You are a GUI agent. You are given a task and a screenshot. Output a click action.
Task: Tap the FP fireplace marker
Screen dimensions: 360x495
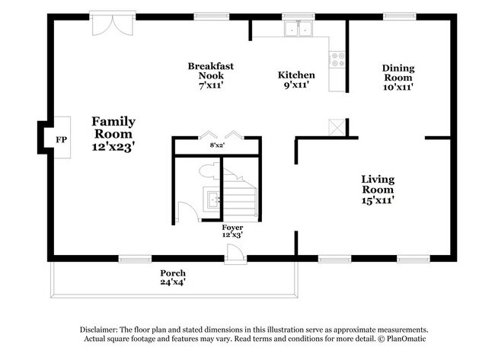click(x=61, y=139)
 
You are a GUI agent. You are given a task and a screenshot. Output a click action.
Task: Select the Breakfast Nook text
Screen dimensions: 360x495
click(x=211, y=76)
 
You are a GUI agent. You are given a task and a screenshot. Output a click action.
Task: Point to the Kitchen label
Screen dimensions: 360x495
click(x=296, y=80)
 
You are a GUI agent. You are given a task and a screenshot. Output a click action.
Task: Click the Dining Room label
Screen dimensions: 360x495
click(x=398, y=78)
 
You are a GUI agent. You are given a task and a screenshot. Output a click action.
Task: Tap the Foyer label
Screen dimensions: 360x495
click(x=232, y=231)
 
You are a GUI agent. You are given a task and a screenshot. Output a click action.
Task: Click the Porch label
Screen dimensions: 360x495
click(x=173, y=277)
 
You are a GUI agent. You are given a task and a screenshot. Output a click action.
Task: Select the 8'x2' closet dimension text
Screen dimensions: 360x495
click(x=219, y=145)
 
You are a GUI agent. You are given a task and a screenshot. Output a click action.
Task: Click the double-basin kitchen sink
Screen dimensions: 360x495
click(x=299, y=30)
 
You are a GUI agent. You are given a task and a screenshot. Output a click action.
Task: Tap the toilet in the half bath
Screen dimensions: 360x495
click(x=208, y=171)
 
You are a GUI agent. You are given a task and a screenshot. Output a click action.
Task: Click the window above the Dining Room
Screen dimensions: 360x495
click(x=398, y=14)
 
